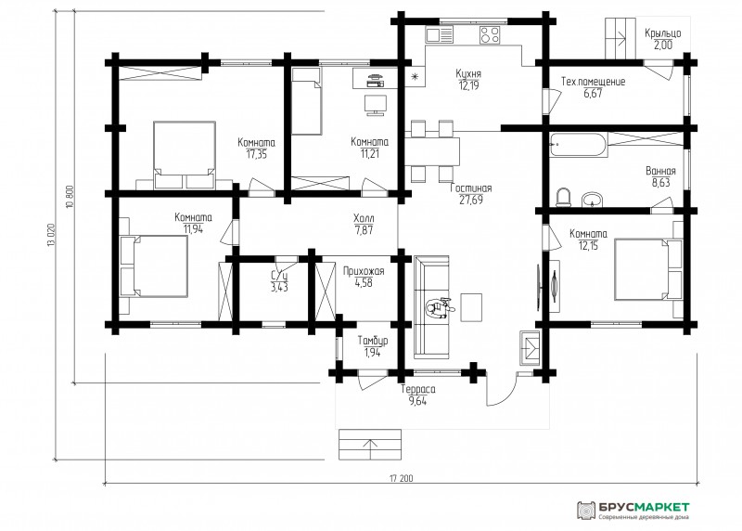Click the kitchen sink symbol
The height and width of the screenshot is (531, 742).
click(x=439, y=35)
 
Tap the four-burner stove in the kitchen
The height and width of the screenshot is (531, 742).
click(x=490, y=35)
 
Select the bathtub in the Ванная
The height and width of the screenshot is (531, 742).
click(x=578, y=145)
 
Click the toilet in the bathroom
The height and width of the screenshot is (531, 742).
click(x=563, y=198)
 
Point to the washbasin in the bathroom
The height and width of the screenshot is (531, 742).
click(x=592, y=200)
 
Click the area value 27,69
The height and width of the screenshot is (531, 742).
click(x=471, y=200)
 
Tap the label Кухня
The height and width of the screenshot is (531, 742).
click(x=468, y=74)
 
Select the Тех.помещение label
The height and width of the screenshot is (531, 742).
click(x=593, y=82)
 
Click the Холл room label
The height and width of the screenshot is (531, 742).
click(x=364, y=218)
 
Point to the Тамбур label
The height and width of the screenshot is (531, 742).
click(x=373, y=341)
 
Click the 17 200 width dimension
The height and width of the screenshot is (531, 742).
click(x=402, y=478)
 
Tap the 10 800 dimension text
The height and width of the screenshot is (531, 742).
click(x=70, y=197)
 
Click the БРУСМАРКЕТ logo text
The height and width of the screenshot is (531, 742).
click(x=644, y=507)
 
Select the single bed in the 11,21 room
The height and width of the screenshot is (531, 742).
click(x=307, y=101)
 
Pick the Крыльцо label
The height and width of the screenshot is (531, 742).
click(x=662, y=33)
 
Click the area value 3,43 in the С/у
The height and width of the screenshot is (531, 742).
click(x=279, y=287)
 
